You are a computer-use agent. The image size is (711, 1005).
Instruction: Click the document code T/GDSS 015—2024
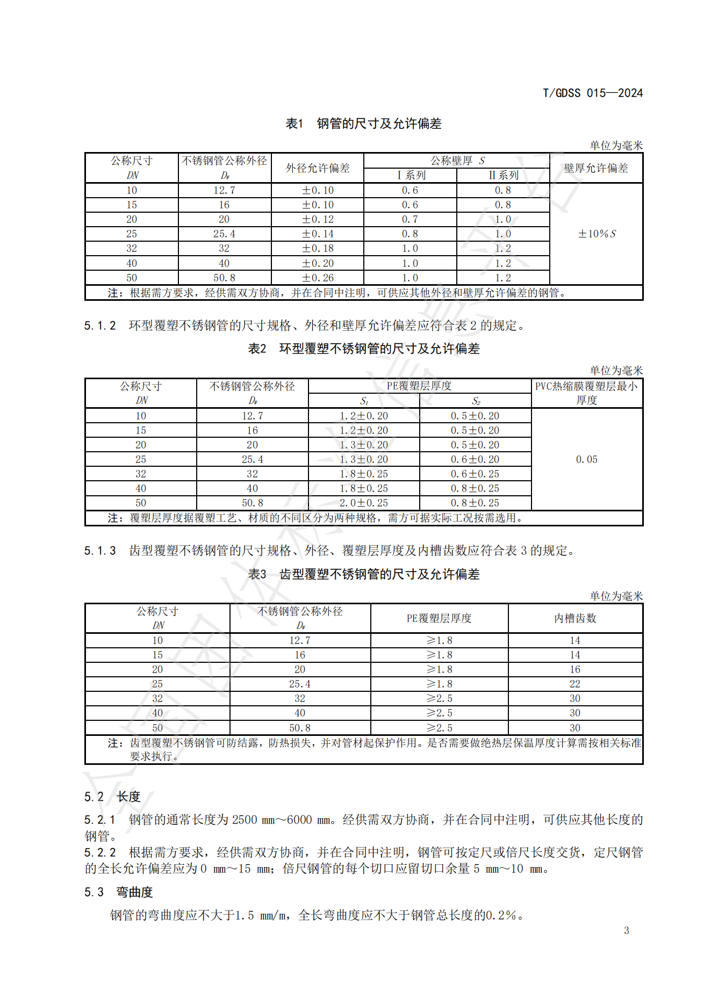(x=592, y=93)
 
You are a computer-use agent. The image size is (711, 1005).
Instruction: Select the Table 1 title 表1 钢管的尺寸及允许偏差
(x=363, y=124)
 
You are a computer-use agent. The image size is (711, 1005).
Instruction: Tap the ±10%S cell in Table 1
(x=597, y=234)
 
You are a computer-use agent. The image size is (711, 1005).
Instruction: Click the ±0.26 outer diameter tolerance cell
(x=318, y=278)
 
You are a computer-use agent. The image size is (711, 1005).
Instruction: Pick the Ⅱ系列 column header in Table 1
(x=503, y=175)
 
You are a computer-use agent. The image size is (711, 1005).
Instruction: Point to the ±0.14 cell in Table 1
(x=318, y=234)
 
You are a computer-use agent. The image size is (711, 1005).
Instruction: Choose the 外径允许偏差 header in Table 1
(x=318, y=168)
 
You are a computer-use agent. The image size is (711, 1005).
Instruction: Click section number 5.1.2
(x=100, y=326)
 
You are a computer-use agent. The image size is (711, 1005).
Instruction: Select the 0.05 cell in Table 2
(x=586, y=459)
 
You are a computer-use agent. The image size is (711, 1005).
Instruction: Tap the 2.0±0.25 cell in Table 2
(x=363, y=503)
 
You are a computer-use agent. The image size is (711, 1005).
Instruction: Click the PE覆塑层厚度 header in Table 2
(x=419, y=386)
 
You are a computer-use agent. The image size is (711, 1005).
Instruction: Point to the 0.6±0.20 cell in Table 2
(x=475, y=459)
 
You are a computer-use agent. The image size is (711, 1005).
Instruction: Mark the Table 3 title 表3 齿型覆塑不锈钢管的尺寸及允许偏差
(x=363, y=574)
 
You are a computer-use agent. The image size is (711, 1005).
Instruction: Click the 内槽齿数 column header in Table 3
(x=575, y=618)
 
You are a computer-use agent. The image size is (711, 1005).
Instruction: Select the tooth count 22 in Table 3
(x=575, y=684)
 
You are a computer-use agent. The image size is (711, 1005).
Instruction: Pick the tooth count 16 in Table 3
(x=575, y=669)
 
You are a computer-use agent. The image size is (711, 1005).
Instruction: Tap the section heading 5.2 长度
(x=112, y=797)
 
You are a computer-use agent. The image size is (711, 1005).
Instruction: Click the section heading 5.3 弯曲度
(x=119, y=892)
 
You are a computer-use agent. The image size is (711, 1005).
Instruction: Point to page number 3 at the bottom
(x=626, y=930)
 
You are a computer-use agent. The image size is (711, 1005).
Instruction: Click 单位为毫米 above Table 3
(x=616, y=596)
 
